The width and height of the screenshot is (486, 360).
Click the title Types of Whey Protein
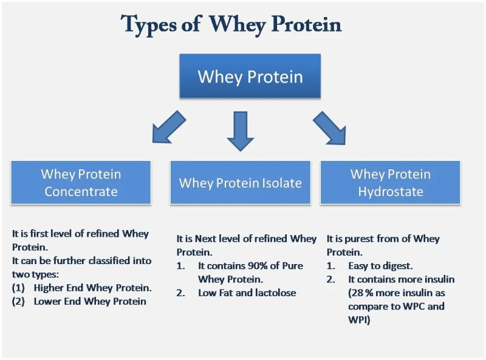click(231, 24)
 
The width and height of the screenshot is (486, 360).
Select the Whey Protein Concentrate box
click(81, 182)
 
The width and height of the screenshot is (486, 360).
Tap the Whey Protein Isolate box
click(240, 182)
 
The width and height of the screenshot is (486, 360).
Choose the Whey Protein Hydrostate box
click(390, 182)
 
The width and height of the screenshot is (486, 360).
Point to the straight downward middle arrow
click(241, 131)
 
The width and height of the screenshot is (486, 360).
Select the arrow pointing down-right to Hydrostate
click(329, 127)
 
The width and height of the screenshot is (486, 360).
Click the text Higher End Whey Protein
click(92, 287)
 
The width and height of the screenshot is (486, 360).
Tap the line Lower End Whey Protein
click(90, 301)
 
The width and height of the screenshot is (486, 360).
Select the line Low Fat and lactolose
click(247, 293)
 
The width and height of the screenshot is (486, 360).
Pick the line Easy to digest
click(380, 266)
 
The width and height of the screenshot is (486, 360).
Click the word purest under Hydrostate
click(363, 239)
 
